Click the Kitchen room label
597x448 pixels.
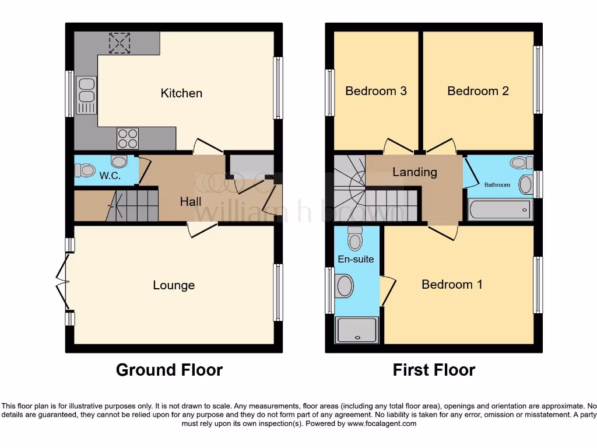(x=181, y=93)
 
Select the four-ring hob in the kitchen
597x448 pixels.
(x=128, y=138)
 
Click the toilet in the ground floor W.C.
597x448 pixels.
(x=85, y=170)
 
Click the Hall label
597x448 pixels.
(x=191, y=202)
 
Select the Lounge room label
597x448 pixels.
(x=174, y=285)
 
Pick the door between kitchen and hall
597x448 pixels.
(x=208, y=146)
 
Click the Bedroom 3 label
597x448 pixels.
(x=376, y=91)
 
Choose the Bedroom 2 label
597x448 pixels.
(x=478, y=91)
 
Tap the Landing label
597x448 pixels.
(x=415, y=172)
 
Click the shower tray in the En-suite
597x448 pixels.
(x=357, y=330)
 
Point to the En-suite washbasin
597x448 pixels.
(x=345, y=286)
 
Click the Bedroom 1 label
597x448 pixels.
(x=452, y=285)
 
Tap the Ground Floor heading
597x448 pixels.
(x=169, y=370)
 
